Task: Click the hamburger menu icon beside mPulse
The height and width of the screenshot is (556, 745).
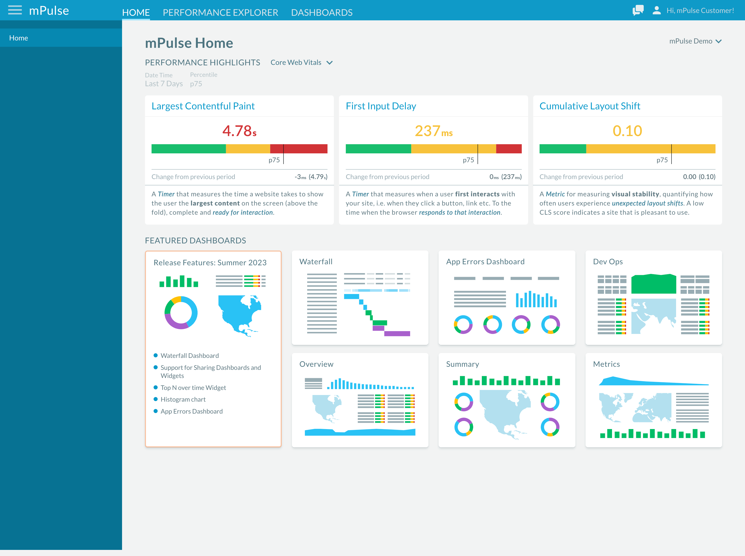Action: click(x=15, y=10)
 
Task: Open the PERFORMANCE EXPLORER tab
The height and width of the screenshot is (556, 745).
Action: click(x=220, y=12)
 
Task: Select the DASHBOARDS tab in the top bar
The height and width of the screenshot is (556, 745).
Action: click(x=322, y=12)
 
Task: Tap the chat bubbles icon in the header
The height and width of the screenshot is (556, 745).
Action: click(x=638, y=10)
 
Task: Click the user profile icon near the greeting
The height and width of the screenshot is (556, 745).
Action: click(x=657, y=10)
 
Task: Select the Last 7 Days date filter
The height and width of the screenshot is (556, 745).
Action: click(x=164, y=83)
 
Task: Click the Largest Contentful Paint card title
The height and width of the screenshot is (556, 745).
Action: click(x=203, y=106)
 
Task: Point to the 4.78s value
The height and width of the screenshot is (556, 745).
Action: click(x=239, y=131)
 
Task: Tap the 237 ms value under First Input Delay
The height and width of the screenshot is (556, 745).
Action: click(x=434, y=131)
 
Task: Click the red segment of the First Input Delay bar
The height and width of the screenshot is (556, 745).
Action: click(x=509, y=149)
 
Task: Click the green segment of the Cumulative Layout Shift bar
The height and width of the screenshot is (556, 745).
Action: click(x=563, y=149)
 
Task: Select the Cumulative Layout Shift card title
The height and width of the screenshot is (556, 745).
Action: click(x=590, y=106)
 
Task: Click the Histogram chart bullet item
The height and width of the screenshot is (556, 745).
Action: click(x=183, y=400)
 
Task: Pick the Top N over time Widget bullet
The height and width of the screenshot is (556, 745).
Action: click(x=193, y=388)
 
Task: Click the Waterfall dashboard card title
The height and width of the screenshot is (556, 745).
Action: click(x=316, y=261)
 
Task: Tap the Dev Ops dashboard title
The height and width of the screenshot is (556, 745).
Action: click(x=608, y=261)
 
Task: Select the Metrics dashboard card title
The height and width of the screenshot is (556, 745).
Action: click(x=606, y=364)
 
